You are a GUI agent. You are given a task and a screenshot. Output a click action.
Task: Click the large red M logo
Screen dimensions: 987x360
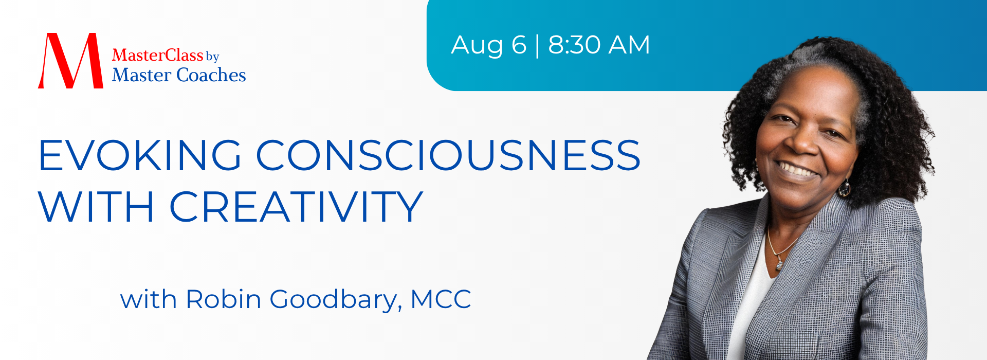coord(70,61)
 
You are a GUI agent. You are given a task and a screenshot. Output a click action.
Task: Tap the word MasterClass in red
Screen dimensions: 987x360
coord(157,55)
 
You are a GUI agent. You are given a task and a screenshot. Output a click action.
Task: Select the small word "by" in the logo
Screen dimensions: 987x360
coord(212,57)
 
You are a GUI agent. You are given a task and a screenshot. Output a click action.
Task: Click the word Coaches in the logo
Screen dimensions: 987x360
coord(211,75)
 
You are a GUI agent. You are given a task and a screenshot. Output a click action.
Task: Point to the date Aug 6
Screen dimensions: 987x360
coord(489,45)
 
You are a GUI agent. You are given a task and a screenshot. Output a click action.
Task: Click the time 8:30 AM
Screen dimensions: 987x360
coord(599,45)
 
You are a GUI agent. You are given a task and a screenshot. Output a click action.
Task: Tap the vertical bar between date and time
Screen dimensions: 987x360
coord(537,45)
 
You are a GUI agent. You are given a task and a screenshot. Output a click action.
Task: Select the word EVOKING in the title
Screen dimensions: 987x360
coord(140,155)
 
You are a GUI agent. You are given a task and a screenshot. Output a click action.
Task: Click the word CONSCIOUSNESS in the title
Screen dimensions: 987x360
coord(448,155)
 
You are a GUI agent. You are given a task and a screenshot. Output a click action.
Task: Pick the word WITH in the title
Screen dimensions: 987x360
coord(96,207)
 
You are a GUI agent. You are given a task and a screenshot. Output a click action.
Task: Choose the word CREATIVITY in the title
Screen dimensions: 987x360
coord(296,207)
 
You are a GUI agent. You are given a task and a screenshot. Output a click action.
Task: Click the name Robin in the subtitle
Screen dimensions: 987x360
coord(224,299)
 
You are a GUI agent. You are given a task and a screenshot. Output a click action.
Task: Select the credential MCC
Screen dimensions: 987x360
coord(441,299)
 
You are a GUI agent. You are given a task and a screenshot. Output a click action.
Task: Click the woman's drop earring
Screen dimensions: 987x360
coord(844,188)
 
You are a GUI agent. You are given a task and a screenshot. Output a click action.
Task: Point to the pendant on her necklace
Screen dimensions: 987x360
coord(779,264)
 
